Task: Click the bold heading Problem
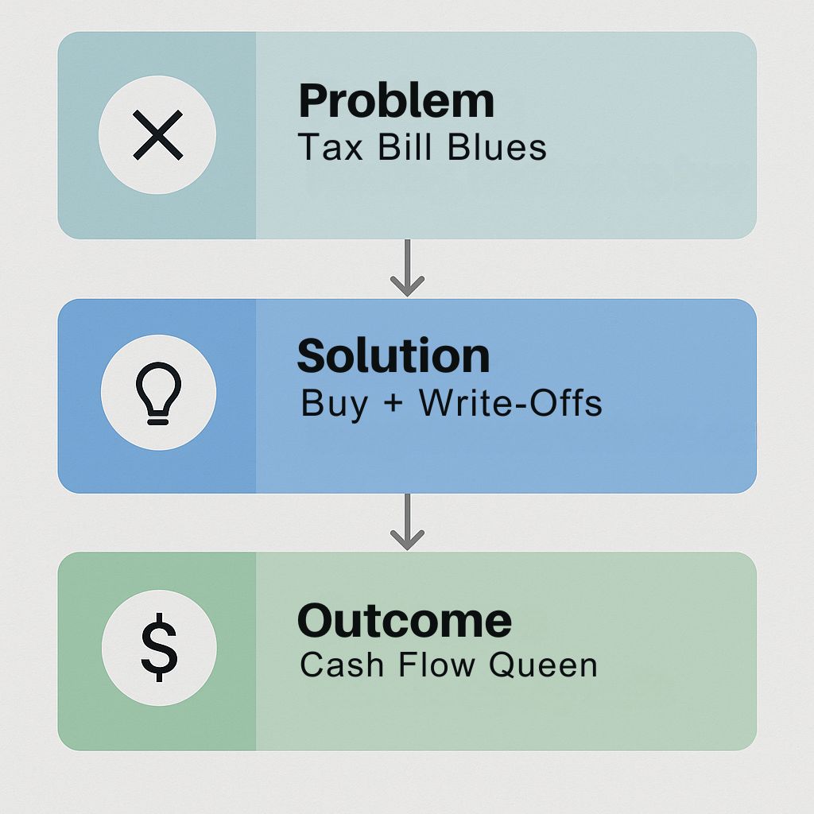pos(396,102)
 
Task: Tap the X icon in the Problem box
pos(158,135)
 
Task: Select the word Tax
pos(330,147)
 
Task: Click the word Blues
pos(497,147)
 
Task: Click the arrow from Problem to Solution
pos(408,268)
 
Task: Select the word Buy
pos(335,404)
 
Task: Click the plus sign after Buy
pos(394,403)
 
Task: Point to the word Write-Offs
pos(511,403)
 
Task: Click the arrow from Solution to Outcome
pos(408,521)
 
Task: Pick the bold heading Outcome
pos(405,621)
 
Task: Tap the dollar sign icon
pos(159,647)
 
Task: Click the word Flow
pos(436,665)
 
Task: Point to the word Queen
pos(544,665)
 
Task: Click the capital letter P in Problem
pos(312,102)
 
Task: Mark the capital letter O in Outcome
pos(316,621)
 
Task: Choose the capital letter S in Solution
pos(312,356)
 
